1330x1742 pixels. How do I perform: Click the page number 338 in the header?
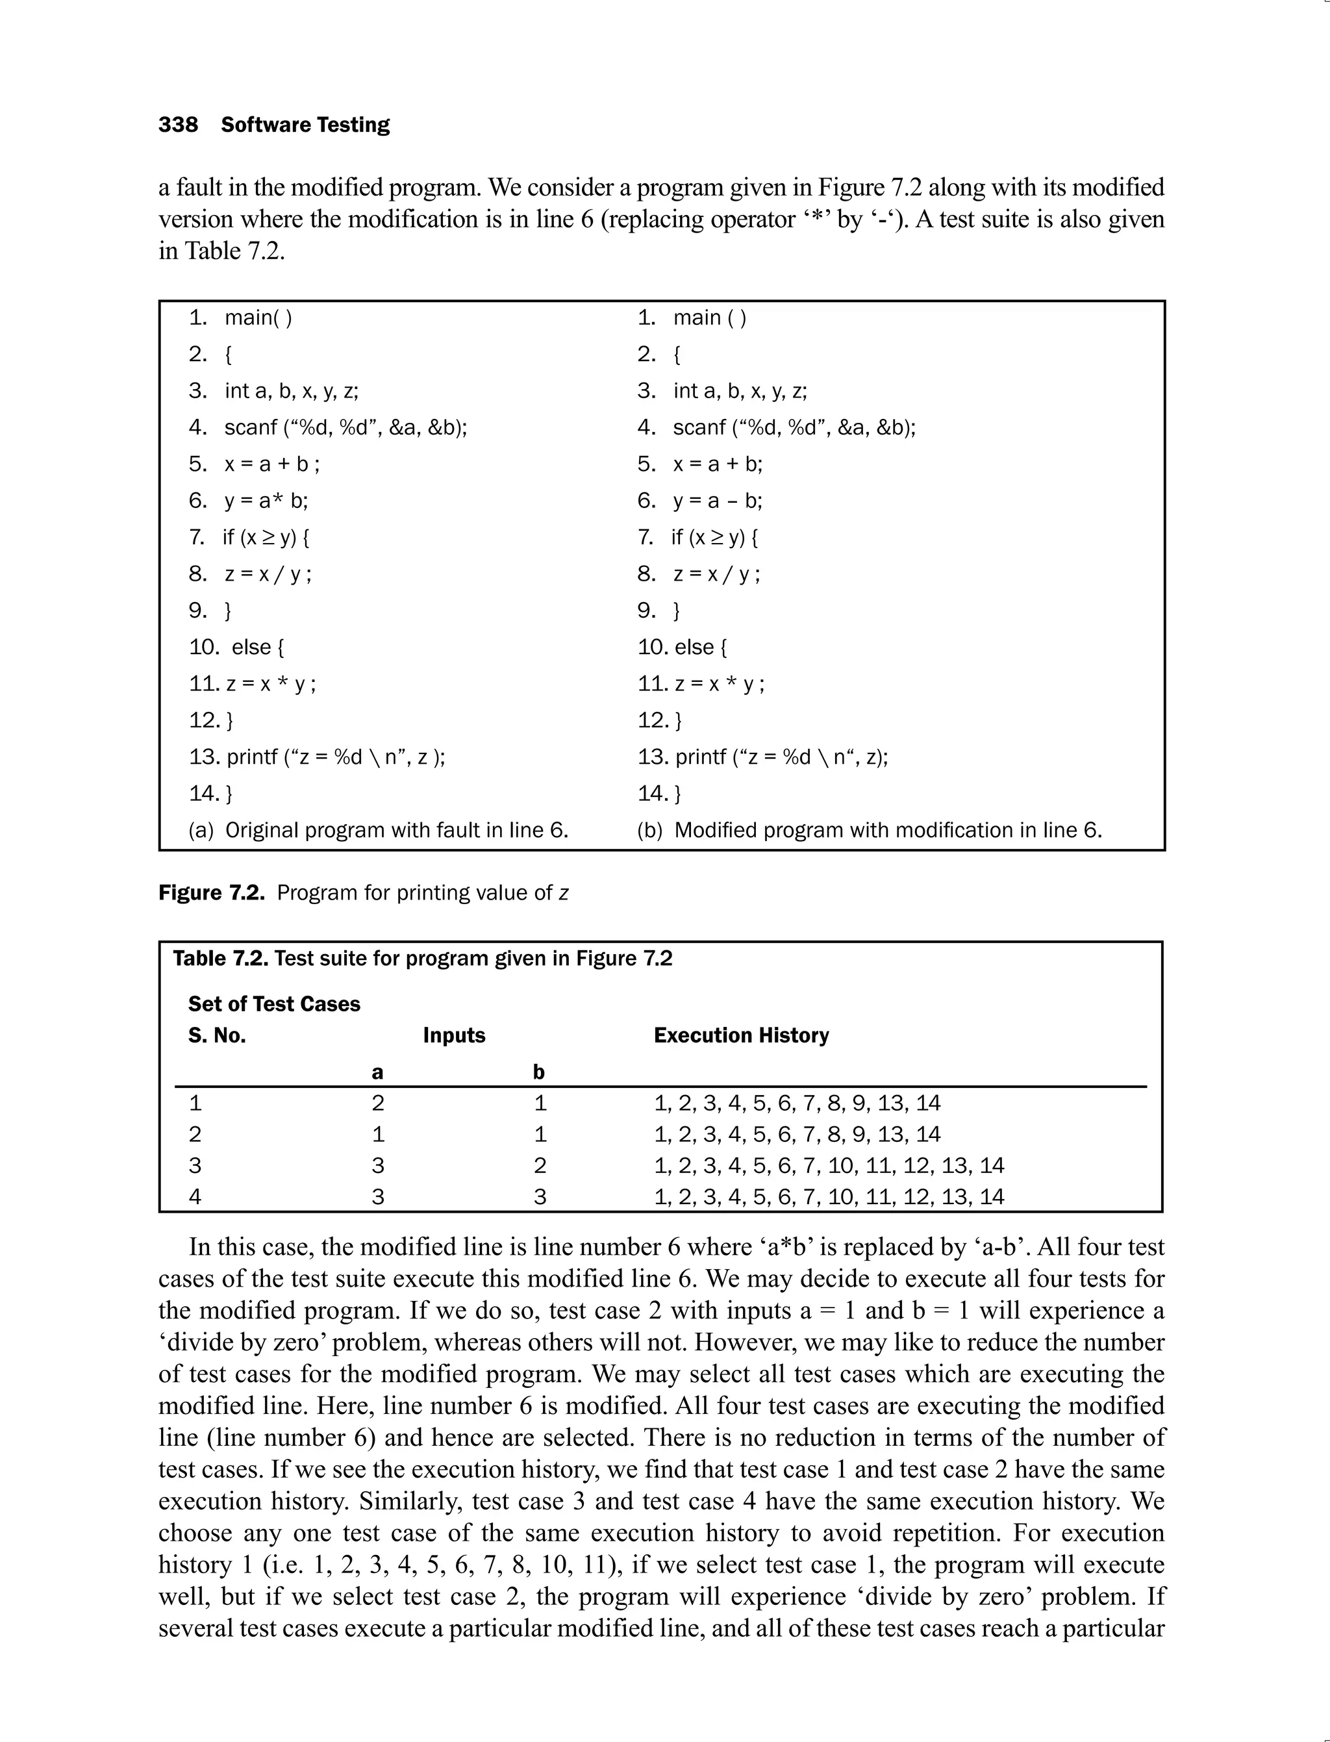(178, 125)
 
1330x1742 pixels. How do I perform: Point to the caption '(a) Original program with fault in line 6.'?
(379, 830)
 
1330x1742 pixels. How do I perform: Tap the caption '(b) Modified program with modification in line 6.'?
(870, 830)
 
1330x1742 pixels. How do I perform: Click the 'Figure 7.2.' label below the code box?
(211, 893)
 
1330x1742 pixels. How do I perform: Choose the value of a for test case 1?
(377, 1103)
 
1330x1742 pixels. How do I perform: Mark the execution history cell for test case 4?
(828, 1196)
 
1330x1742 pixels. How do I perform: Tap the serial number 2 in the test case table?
(195, 1134)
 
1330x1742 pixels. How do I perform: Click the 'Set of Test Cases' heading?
(274, 1004)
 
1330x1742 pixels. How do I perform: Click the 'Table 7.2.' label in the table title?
(221, 959)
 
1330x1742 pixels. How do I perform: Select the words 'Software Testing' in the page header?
(306, 125)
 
